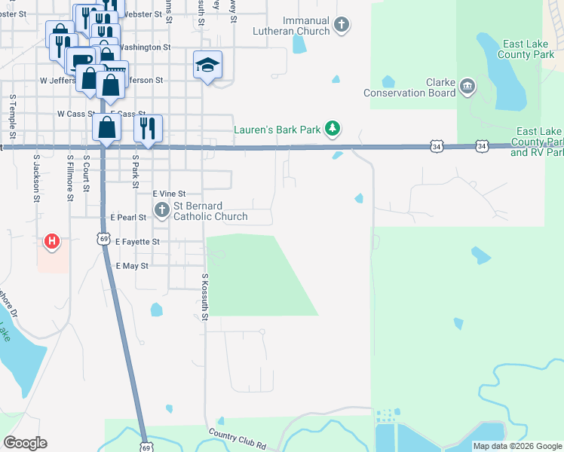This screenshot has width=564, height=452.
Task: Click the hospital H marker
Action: click(x=51, y=242)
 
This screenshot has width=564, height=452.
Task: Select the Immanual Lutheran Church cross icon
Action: click(x=342, y=25)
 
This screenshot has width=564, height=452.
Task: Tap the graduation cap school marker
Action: click(x=207, y=66)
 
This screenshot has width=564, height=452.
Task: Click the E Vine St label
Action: click(x=169, y=194)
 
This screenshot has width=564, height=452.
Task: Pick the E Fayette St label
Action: click(x=138, y=242)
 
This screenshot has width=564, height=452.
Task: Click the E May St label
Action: click(x=132, y=266)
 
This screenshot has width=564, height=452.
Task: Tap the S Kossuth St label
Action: click(x=204, y=298)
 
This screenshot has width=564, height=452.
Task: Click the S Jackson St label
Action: click(x=35, y=179)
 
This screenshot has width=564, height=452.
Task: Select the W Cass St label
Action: click(x=75, y=114)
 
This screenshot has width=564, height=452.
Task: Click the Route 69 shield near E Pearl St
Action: click(x=103, y=237)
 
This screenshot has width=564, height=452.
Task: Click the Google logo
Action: click(x=25, y=443)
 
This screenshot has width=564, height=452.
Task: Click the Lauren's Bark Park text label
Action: click(x=277, y=130)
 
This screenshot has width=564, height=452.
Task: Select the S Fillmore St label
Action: click(x=69, y=179)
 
